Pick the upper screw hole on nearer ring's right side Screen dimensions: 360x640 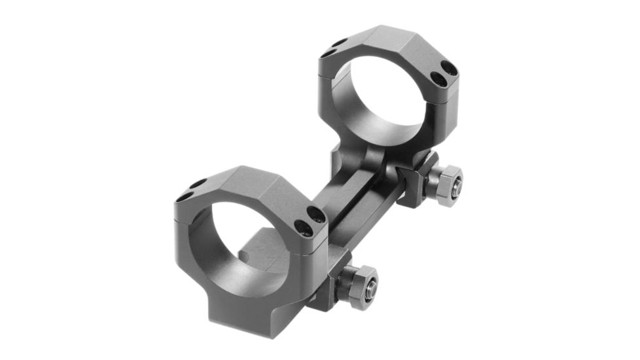pos(316,214)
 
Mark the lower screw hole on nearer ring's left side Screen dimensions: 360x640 pos(186,195)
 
